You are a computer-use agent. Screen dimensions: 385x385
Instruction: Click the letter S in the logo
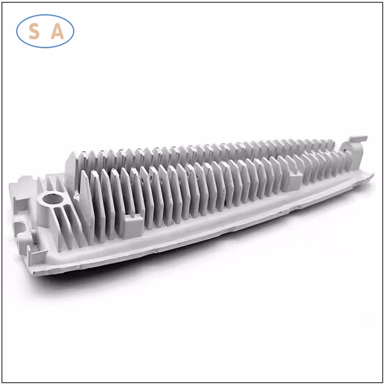point(34,31)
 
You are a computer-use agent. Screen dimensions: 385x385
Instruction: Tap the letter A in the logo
point(57,31)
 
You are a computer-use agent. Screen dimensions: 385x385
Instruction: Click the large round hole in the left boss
point(53,199)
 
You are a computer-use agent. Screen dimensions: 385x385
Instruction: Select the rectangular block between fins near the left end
point(133,225)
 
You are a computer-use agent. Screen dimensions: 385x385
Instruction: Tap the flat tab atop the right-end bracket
point(358,139)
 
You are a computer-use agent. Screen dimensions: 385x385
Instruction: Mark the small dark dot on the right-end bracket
point(344,150)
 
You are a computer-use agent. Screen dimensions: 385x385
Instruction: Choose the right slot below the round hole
point(71,222)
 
